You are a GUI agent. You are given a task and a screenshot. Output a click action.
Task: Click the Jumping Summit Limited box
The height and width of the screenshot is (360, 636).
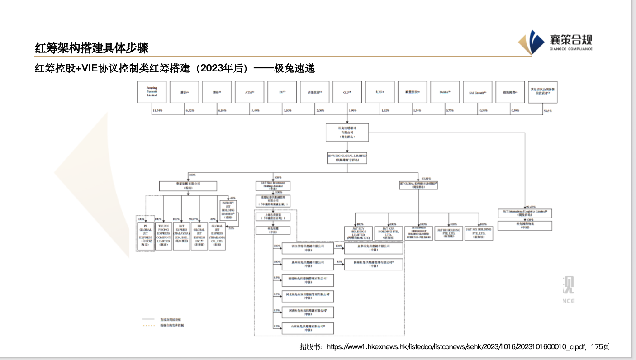tap(152, 92)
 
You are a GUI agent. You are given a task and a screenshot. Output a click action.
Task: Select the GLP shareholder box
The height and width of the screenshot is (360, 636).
tap(347, 92)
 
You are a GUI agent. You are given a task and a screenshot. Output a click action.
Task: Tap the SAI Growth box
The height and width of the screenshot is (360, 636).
tap(477, 92)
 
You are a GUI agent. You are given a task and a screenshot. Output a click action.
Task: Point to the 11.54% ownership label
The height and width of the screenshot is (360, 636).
tap(158, 110)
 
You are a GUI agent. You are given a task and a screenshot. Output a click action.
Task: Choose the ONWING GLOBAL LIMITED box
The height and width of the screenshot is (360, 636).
tap(347, 157)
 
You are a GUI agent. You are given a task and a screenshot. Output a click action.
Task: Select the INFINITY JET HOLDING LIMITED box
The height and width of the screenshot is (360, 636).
tap(228, 211)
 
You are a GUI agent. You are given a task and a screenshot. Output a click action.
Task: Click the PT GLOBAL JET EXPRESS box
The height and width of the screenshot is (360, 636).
tap(146, 233)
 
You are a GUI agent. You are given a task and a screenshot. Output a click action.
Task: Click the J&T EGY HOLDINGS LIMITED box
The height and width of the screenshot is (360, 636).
tap(359, 233)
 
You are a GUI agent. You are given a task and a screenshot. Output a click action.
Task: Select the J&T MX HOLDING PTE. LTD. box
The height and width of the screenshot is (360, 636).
tap(479, 233)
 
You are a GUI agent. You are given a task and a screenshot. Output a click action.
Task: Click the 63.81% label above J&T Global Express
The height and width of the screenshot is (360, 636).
tap(426, 179)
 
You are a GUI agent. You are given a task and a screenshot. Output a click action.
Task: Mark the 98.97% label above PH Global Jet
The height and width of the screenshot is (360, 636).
tap(194, 219)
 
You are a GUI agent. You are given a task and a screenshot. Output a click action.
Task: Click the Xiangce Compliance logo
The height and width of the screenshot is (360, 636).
tap(555, 42)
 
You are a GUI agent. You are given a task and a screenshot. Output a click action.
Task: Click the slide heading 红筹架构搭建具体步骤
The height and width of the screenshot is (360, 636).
tap(92, 47)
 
